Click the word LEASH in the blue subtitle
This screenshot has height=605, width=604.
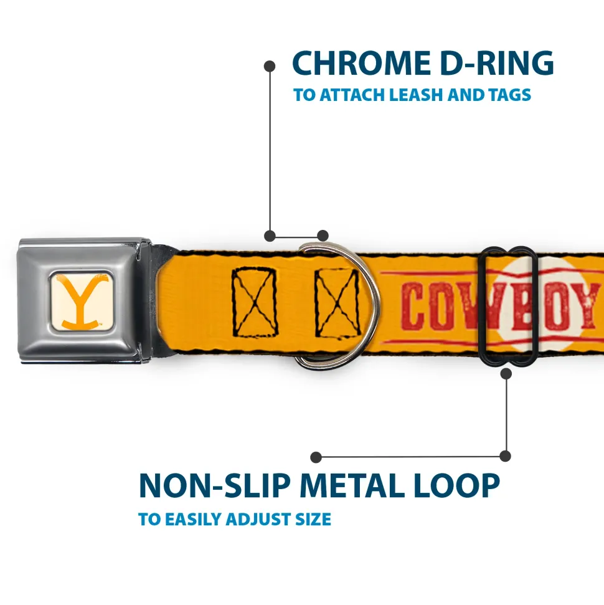coord(422,95)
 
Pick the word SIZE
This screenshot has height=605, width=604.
coord(313,519)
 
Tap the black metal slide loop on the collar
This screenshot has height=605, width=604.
coord(509,305)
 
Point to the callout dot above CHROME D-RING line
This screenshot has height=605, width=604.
coord(270,65)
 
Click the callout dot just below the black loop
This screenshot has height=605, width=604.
coord(506,373)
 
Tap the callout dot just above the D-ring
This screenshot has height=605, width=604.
coord(322,236)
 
